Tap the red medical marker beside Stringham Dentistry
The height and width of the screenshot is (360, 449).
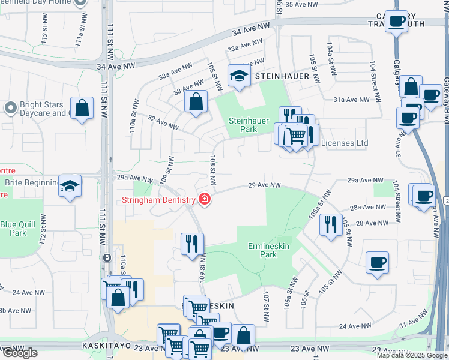(205, 199)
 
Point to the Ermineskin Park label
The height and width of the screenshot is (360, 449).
(270, 251)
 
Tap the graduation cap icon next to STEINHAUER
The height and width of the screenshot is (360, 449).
(238, 76)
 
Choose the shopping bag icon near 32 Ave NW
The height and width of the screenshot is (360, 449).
(196, 101)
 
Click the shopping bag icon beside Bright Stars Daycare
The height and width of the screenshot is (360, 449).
(82, 109)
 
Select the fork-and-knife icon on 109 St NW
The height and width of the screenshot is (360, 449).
(192, 244)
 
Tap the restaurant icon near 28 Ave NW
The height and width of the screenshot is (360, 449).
(330, 225)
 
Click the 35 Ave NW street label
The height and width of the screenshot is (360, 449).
(305, 4)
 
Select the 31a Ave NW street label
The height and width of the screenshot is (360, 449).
(351, 100)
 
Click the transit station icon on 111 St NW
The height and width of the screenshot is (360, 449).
(106, 257)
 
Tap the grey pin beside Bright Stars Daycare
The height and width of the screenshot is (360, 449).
(10, 108)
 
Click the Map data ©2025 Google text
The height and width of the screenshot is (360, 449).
(411, 355)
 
